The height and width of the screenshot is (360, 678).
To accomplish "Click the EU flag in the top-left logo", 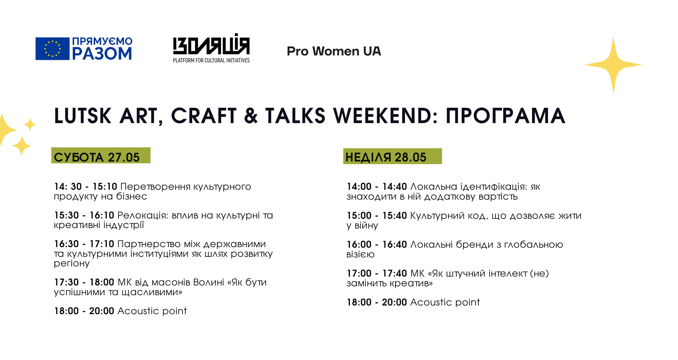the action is (52, 49).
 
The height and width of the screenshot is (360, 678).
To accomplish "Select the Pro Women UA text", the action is (334, 51).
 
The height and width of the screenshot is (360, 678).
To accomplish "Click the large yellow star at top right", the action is (613, 65).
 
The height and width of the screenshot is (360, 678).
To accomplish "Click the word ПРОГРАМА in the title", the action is (505, 116).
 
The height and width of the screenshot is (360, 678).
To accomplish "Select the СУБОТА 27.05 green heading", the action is (101, 155).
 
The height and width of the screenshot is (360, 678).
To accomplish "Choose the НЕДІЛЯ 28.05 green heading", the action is (392, 156).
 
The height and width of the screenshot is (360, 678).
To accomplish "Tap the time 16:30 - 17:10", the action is (84, 244).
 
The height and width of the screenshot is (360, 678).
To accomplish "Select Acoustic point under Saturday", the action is (152, 311).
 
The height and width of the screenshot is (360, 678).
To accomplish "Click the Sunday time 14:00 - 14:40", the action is (377, 187).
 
